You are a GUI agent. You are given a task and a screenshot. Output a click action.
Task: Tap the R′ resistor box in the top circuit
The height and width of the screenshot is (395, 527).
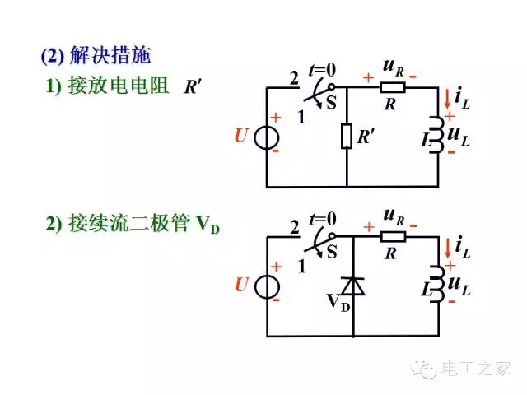pyautogui.click(x=347, y=136)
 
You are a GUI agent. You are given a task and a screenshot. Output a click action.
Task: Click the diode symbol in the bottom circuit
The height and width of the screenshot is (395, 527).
pyautogui.click(x=353, y=285)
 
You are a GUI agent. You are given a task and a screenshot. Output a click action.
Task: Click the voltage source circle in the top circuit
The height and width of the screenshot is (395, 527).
pyautogui.click(x=267, y=137)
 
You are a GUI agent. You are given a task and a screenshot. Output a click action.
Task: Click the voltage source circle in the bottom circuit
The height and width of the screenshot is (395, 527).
pyautogui.click(x=267, y=286)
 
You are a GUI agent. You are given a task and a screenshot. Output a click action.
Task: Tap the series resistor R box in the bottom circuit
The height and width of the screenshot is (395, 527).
pyautogui.click(x=393, y=237)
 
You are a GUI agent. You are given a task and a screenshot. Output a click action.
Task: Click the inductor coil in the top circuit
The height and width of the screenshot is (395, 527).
pyautogui.click(x=434, y=136)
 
